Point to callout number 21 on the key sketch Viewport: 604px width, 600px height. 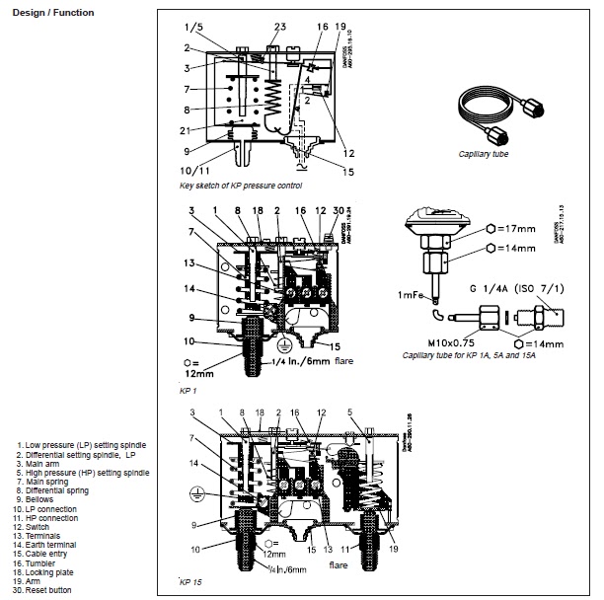click(185, 130)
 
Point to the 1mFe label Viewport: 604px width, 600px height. click(412, 295)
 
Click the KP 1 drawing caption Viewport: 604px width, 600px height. click(189, 391)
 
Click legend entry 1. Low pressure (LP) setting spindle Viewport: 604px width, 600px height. click(82, 445)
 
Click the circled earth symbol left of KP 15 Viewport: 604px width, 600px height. click(195, 492)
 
